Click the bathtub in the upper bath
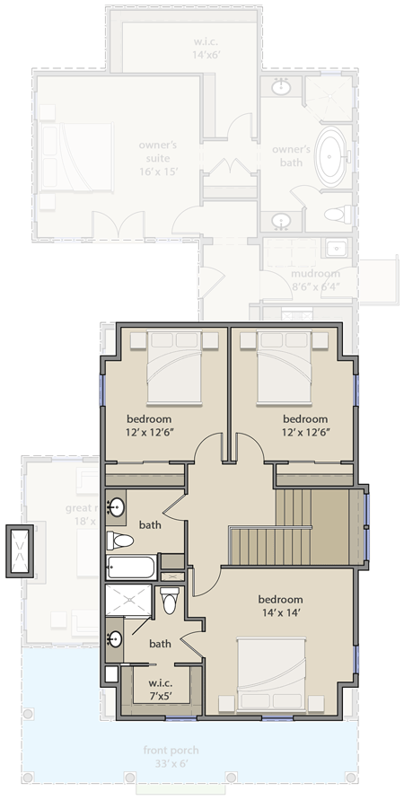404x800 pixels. pos(131,567)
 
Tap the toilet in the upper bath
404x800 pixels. pos(120,541)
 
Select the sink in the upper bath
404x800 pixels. pos(116,507)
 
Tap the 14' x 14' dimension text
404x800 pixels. pos(280,614)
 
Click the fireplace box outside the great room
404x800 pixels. pos(20,549)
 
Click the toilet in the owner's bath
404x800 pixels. pos(337,214)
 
